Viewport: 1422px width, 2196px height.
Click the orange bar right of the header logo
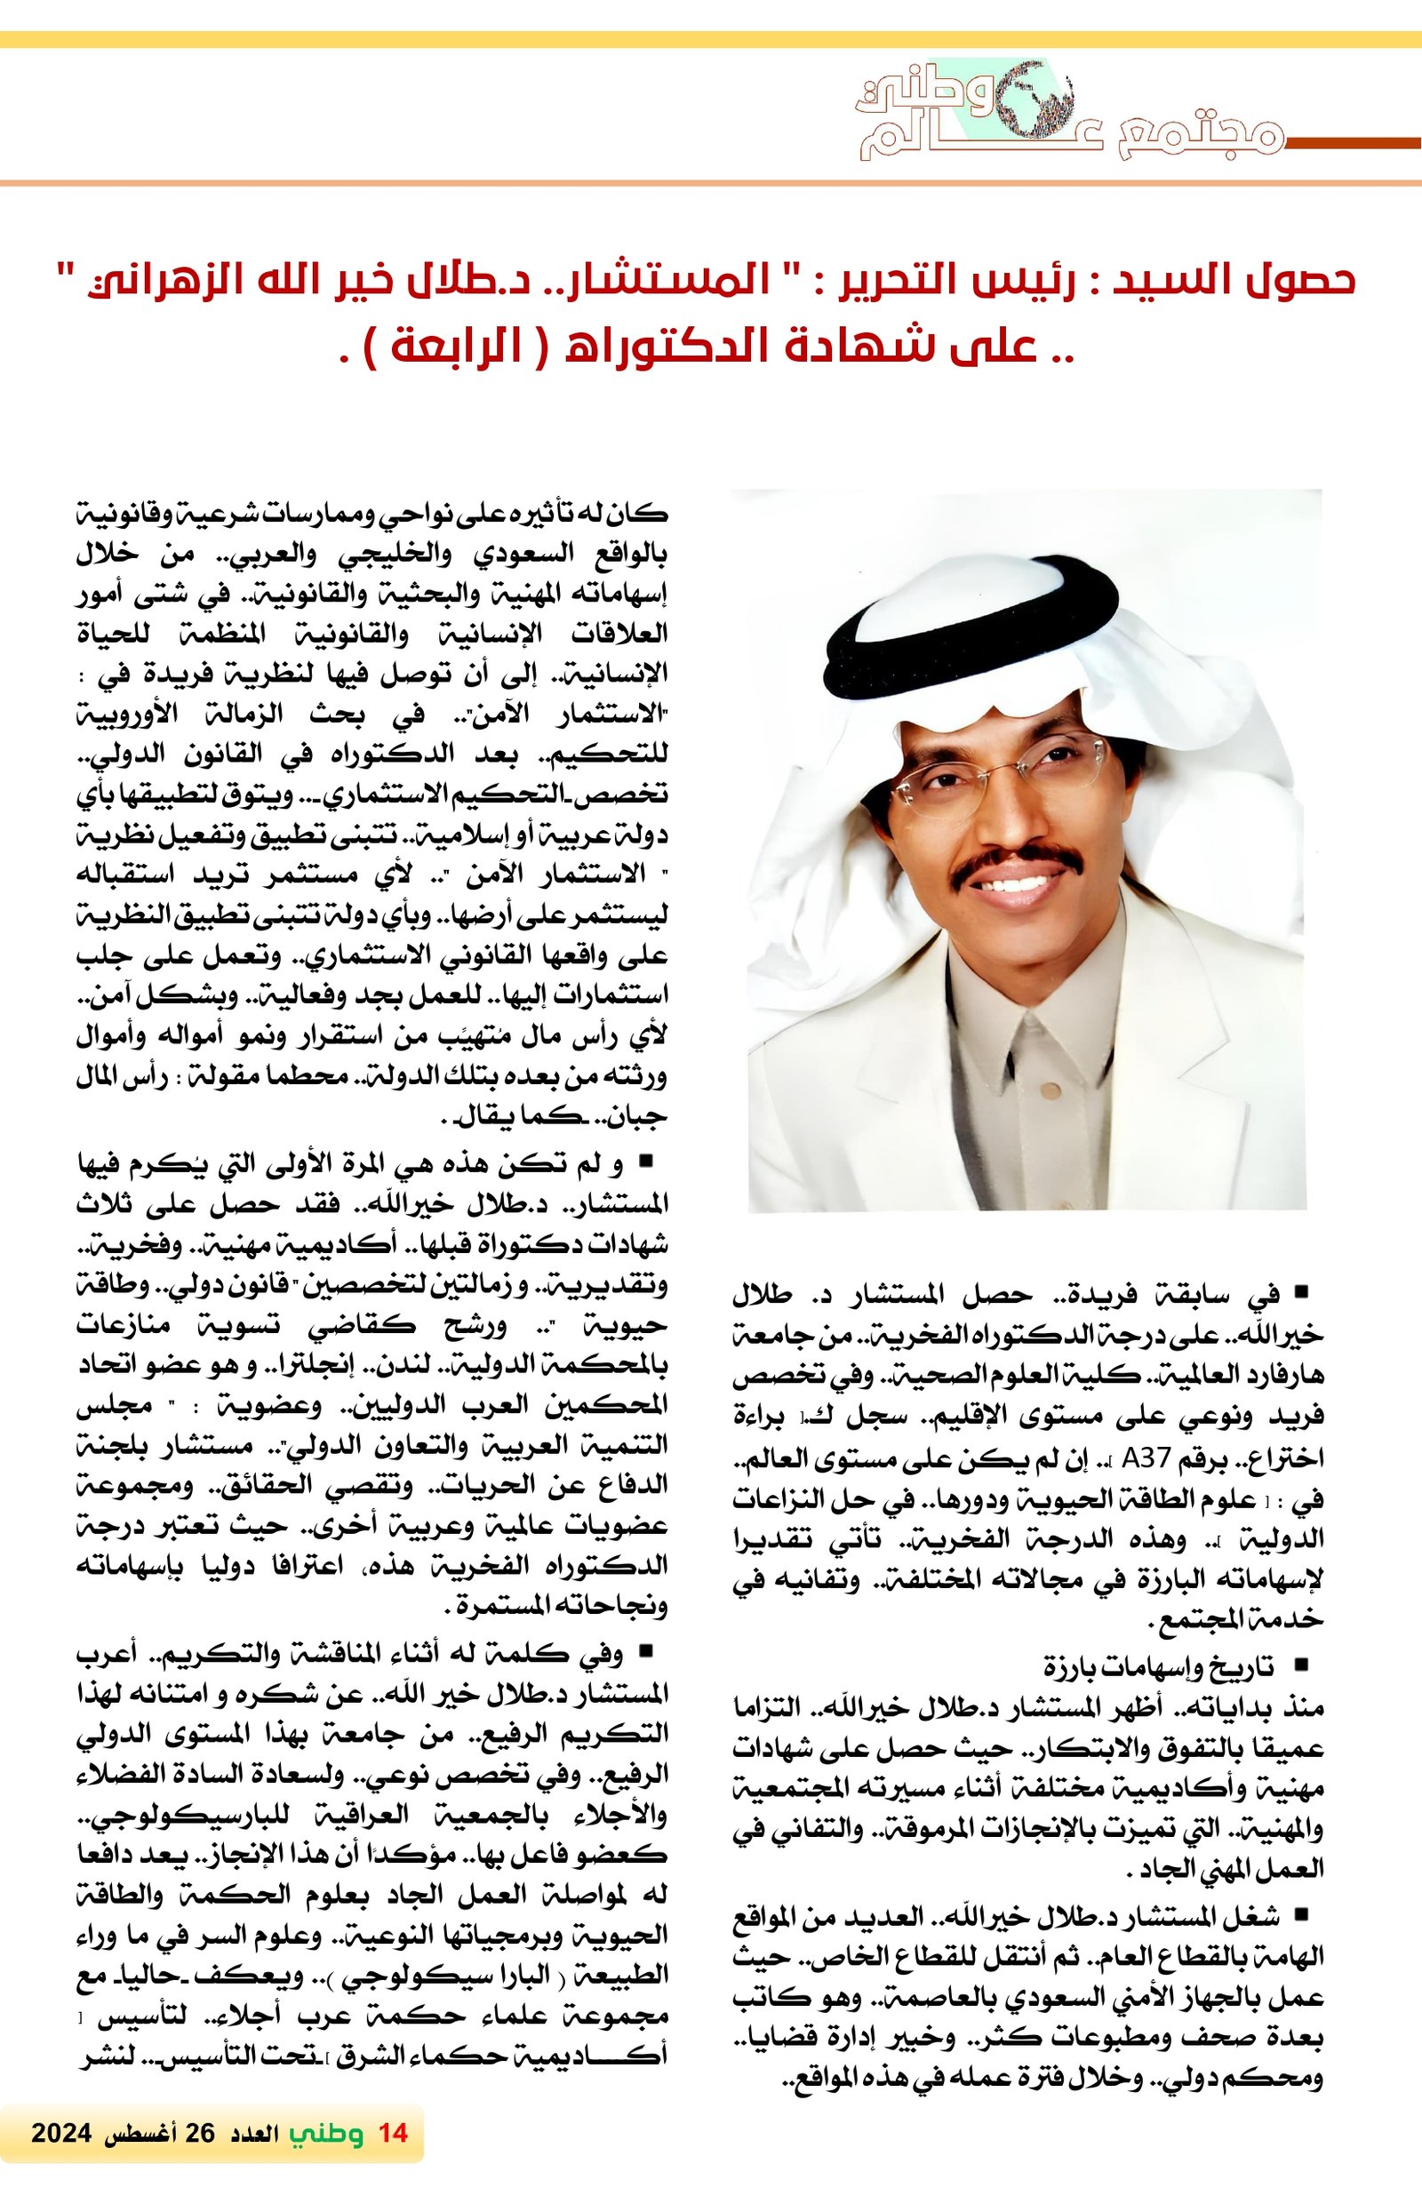tap(1352, 143)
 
